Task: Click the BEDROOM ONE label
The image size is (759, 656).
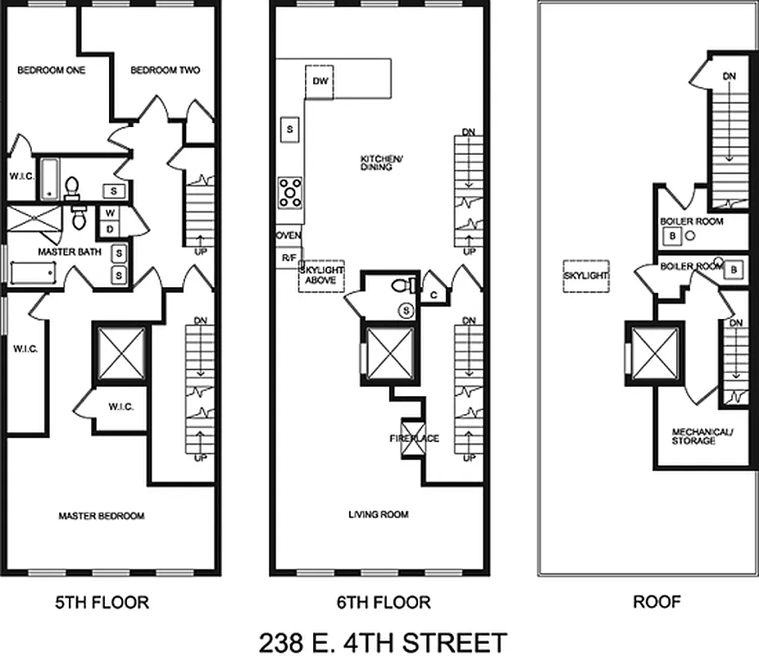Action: pos(52,71)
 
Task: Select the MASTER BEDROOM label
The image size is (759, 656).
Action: pos(101,516)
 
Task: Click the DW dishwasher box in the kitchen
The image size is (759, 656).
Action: pos(319,81)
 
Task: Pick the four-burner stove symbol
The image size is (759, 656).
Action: pos(290,192)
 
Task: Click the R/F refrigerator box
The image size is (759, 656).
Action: pos(289,257)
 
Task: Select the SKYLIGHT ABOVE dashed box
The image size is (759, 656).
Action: pos(321,276)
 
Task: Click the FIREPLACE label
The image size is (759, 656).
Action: pos(414,439)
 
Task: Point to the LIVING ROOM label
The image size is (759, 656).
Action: pos(378,515)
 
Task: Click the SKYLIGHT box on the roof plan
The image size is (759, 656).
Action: pos(586,276)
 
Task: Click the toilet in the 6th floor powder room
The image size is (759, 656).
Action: pos(401,286)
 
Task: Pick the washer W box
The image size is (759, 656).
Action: pos(109,213)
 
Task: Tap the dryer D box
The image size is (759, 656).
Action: pos(109,229)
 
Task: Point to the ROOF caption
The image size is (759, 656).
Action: pos(657,603)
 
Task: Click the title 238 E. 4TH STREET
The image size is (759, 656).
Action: pos(383,640)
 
